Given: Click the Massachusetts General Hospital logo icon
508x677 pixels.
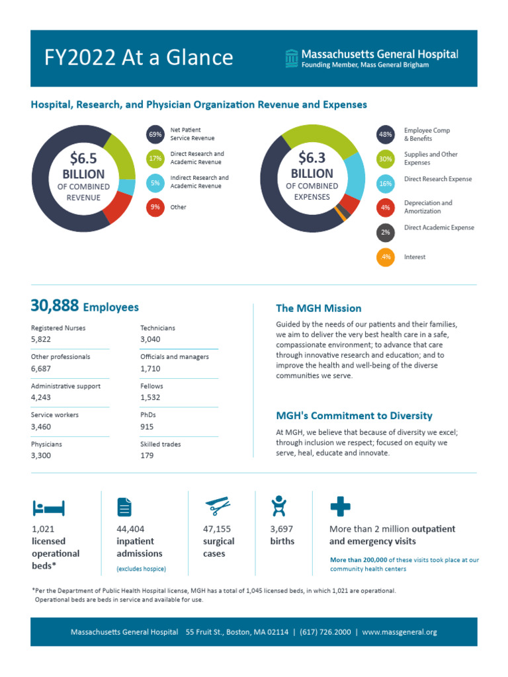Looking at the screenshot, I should point(290,58).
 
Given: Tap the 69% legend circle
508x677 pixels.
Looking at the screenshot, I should point(155,135).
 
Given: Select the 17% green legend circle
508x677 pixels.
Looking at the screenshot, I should point(155,159).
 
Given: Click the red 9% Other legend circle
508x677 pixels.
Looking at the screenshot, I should point(155,207).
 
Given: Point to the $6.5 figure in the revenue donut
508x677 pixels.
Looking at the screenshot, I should point(83,159).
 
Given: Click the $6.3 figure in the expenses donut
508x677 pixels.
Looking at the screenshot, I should point(312,158).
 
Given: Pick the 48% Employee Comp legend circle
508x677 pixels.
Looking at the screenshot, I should point(386,135).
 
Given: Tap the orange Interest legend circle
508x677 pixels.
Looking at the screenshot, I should point(386,257).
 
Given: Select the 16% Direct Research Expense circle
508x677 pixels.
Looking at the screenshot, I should point(386,183).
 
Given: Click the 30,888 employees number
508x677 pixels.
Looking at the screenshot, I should point(55,306).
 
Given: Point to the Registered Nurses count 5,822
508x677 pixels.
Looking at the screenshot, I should point(41,339).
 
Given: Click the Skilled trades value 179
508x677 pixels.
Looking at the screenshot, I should point(147,456).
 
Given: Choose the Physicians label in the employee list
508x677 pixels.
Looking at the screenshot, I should point(46,444).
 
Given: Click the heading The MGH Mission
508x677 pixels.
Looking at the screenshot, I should point(318,308).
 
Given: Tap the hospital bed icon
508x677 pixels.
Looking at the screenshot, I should point(48,508).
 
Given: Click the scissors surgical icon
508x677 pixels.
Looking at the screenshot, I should point(218,506).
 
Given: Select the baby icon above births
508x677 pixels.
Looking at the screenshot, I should point(279,506).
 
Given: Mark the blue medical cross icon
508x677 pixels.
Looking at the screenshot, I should point(340,506).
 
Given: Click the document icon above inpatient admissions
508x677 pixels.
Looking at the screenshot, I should point(124,506).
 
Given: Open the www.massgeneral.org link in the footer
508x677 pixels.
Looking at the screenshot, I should point(400,632).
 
